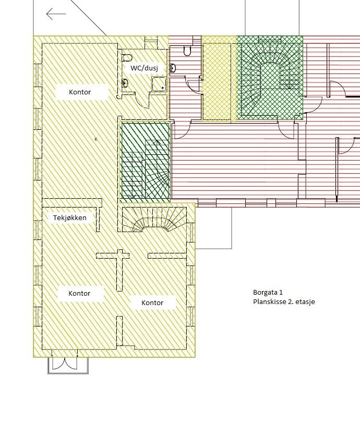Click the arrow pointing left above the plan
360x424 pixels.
56,14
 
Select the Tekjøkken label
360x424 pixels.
70,217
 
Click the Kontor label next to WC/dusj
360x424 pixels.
80,92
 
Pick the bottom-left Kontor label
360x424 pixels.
79,294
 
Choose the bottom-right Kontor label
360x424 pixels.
152,302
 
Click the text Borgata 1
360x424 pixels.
267,293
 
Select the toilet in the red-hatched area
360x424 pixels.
187,50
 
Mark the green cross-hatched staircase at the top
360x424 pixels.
270,77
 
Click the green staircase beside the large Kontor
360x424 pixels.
146,162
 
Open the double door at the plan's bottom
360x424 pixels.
68,365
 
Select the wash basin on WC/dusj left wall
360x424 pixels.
125,82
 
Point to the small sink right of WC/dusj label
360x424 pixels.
173,68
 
